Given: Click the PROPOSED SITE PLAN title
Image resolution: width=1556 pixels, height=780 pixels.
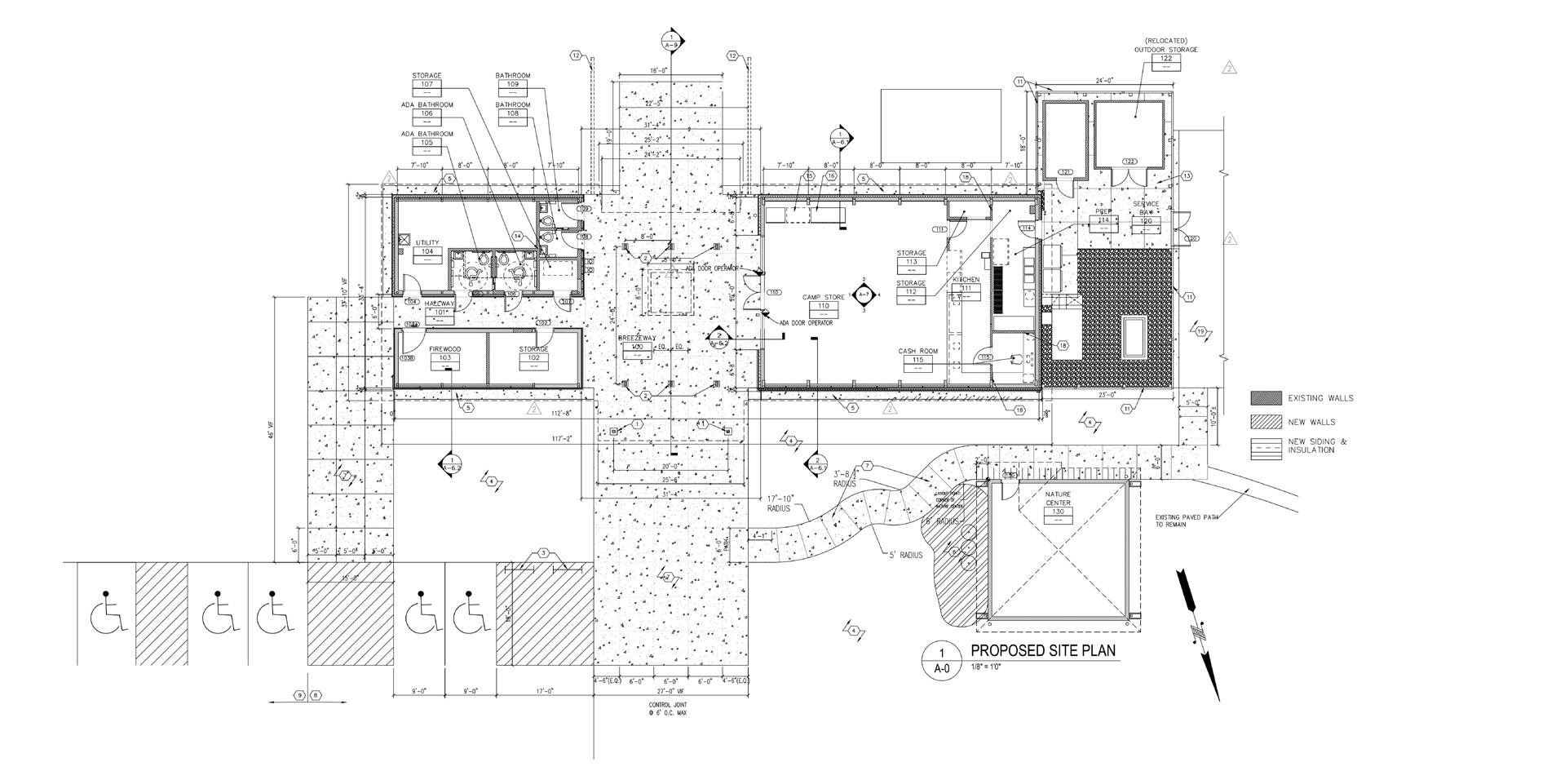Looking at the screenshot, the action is (1042, 651).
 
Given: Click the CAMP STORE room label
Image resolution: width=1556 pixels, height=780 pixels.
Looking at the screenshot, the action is (824, 297).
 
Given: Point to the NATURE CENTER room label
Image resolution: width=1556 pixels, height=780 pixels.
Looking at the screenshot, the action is (1058, 498).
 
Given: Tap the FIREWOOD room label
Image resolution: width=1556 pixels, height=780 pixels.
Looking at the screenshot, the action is (445, 349).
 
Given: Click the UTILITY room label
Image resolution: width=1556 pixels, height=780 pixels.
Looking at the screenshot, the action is (427, 243).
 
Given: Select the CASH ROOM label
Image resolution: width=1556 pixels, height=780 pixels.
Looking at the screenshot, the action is (918, 352).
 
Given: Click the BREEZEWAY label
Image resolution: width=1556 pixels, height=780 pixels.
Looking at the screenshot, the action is (637, 338).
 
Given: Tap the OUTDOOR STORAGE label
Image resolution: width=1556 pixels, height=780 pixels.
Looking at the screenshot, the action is (1165, 49).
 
